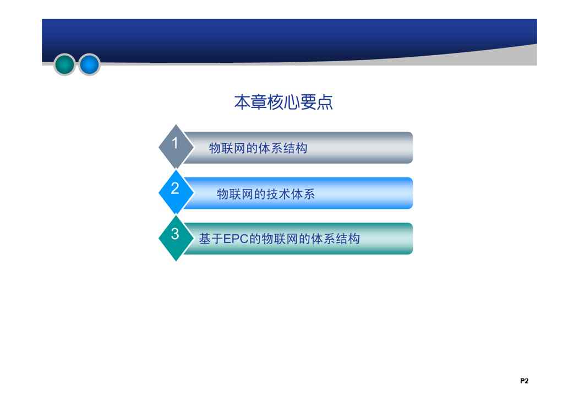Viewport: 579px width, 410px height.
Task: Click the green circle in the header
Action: tap(64, 64)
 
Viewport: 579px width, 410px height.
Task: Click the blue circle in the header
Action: tap(89, 64)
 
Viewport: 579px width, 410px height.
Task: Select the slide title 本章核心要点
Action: tap(283, 102)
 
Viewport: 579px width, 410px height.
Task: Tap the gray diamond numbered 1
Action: tap(176, 147)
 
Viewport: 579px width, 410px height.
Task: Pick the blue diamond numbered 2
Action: tap(176, 192)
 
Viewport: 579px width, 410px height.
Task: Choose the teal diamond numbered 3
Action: tap(176, 238)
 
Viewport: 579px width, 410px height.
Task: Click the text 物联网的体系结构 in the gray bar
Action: tap(258, 148)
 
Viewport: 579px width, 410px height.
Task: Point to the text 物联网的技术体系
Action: tap(266, 194)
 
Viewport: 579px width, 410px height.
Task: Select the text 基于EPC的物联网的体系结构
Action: tap(280, 239)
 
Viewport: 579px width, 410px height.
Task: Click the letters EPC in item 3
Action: tap(236, 239)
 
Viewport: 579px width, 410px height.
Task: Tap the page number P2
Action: tap(525, 381)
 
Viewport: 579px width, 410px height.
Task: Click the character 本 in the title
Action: tap(242, 102)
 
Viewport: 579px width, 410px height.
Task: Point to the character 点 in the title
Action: tap(325, 102)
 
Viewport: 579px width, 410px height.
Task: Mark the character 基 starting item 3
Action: tap(205, 239)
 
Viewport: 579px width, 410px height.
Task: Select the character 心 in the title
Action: tap(292, 102)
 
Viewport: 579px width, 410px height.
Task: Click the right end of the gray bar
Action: tap(412, 148)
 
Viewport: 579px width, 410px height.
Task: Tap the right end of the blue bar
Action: tap(412, 193)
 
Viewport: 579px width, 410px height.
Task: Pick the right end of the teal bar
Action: tap(412, 239)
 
